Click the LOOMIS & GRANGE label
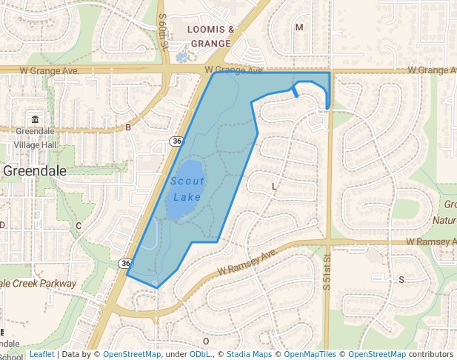211,36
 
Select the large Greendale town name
35,170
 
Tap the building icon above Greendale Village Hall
35,119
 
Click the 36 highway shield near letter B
176,141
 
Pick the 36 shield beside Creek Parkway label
125,263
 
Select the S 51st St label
326,271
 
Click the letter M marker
299,27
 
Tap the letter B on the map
128,127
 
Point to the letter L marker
274,187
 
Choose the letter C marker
79,225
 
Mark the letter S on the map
402,279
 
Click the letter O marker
206,341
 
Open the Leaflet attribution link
41,355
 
